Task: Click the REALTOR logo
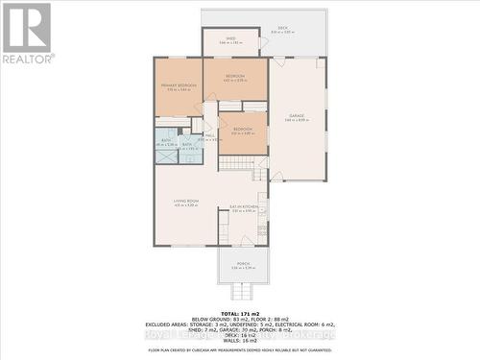tap(26, 35)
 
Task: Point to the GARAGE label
tap(296, 117)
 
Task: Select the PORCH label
tap(243, 265)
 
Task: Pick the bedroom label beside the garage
tap(242, 130)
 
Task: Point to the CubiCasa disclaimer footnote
tap(240, 351)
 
